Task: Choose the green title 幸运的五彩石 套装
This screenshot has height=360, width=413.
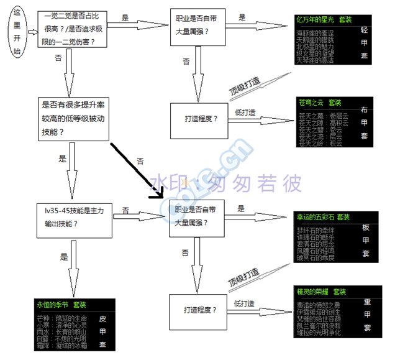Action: coord(324,217)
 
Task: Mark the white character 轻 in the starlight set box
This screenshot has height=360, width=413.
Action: coord(365,30)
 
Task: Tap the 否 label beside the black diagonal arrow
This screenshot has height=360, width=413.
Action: coord(140,160)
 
